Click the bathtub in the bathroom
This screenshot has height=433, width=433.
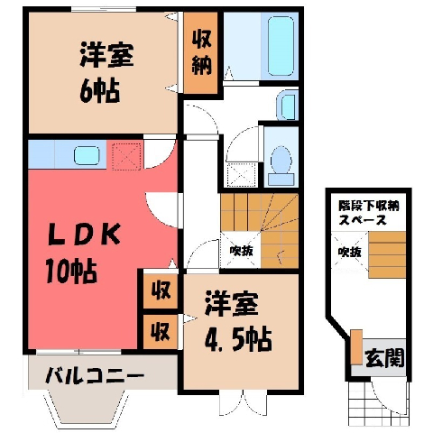click(281, 46)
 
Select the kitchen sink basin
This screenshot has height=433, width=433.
click(87, 155)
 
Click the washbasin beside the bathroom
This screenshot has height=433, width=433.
click(288, 106)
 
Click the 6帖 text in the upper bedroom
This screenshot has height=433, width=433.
click(100, 91)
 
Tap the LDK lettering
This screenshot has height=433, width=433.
click(85, 234)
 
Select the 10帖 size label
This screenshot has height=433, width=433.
click(71, 272)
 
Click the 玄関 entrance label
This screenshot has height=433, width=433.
click(384, 358)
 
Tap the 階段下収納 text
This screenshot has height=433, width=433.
click(369, 207)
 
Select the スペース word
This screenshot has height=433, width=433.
click(363, 220)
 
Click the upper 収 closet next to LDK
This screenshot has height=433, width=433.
click(161, 290)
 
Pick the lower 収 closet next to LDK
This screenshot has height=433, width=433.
click(161, 332)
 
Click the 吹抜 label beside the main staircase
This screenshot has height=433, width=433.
click(241, 250)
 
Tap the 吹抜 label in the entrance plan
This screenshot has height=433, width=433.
click(349, 252)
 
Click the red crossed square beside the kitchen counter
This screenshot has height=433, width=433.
click(126, 156)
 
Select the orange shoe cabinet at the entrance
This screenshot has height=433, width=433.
click(356, 347)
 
